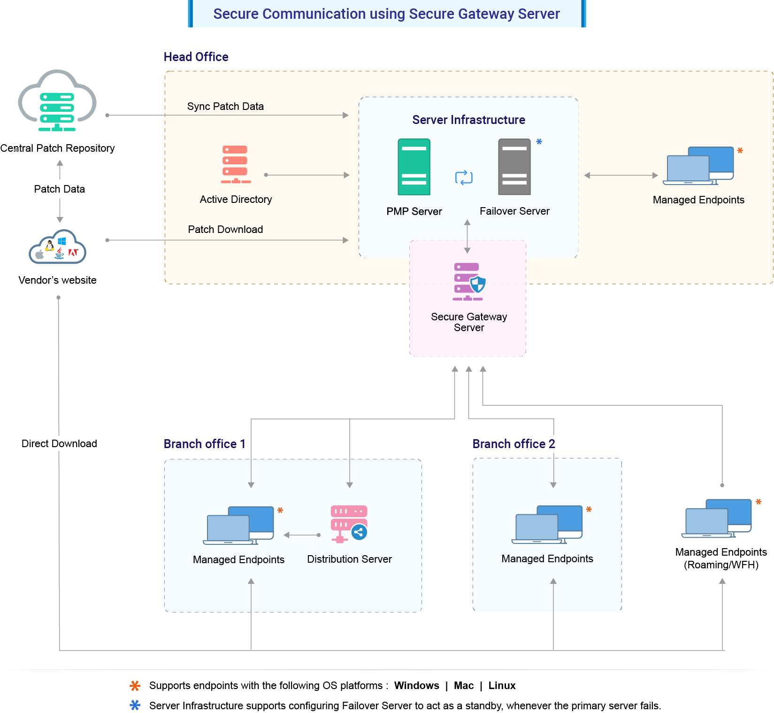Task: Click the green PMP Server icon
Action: [x=414, y=167]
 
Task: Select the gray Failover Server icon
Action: [x=514, y=167]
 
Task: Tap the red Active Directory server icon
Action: [x=235, y=164]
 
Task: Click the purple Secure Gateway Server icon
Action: [x=468, y=281]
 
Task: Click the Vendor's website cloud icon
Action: [x=57, y=247]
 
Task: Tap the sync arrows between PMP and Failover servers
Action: [x=464, y=178]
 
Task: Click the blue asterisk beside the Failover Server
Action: [x=539, y=142]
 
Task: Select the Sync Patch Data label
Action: [x=225, y=107]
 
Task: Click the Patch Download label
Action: [x=225, y=230]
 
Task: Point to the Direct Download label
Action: [x=59, y=444]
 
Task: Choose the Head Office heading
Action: [x=196, y=57]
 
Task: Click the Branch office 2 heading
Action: [x=513, y=444]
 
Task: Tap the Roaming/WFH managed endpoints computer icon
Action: [x=716, y=519]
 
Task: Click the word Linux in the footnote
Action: [x=502, y=686]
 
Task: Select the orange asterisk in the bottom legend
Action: [x=135, y=686]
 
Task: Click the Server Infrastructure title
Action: [x=468, y=120]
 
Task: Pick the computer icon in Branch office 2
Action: [x=547, y=525]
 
